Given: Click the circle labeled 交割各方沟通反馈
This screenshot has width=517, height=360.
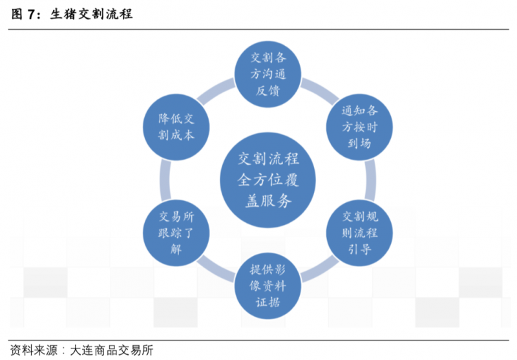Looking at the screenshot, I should pos(267,72).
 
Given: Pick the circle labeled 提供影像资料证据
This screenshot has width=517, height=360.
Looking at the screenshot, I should pos(267,286).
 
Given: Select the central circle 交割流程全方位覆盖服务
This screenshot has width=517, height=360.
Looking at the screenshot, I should pos(267,179).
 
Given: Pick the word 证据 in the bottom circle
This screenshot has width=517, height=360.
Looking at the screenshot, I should pos(267,302).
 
